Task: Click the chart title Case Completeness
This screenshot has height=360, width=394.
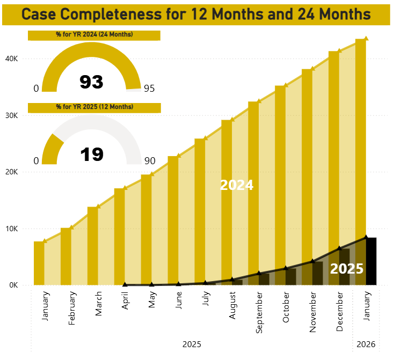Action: [196, 14]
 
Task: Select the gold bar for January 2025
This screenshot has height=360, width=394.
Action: [39, 263]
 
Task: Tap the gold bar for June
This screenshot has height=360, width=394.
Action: [173, 220]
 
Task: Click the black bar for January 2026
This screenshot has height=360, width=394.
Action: [371, 261]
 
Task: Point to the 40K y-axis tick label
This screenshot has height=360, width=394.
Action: [12, 59]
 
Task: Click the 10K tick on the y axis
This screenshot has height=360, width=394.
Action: [12, 229]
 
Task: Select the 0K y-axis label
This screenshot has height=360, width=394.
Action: [13, 285]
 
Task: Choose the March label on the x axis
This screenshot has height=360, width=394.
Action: [99, 304]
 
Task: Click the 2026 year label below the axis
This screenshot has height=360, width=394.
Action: [366, 344]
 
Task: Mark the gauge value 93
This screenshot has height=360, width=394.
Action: [91, 82]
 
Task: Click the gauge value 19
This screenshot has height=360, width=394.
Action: [91, 155]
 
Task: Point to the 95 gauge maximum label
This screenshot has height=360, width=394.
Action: [149, 89]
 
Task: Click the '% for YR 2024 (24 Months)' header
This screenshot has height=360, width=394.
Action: [94, 35]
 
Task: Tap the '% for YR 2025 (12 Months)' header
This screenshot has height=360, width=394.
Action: [94, 107]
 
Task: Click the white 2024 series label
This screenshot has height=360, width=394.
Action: [236, 185]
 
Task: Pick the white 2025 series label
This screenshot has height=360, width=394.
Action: [347, 269]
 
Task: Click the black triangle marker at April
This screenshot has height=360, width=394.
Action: [125, 284]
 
